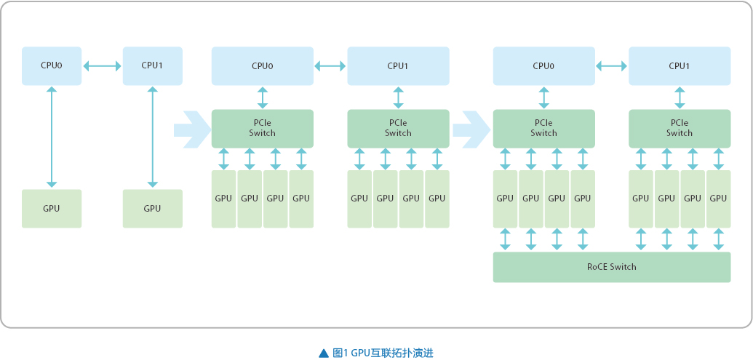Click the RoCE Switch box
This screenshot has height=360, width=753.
click(612, 267)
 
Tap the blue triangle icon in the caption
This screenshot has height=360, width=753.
click(324, 353)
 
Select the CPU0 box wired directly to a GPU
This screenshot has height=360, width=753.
click(52, 65)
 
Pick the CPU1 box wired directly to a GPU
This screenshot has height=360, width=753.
click(153, 65)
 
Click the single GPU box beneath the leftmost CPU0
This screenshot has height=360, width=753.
click(52, 208)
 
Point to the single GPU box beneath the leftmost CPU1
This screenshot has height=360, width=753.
click(153, 208)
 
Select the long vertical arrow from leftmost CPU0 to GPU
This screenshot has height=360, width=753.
click(52, 137)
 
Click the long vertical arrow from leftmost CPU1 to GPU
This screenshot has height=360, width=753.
click(153, 137)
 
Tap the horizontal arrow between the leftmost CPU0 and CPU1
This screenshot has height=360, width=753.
click(103, 65)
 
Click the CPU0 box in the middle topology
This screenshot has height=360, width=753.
click(263, 65)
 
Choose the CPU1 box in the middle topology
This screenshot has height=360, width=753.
click(398, 65)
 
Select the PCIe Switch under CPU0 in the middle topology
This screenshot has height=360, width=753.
click(263, 129)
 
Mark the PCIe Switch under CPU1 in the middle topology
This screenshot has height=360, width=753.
click(398, 129)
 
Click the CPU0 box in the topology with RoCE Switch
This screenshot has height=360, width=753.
click(544, 65)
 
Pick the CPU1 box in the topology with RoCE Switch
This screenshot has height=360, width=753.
click(680, 65)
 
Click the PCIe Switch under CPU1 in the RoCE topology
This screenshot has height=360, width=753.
click(680, 129)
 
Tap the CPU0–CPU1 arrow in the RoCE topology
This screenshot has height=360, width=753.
click(612, 65)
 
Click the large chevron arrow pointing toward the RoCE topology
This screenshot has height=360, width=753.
click(471, 129)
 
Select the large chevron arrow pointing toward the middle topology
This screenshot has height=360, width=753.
click(192, 129)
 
